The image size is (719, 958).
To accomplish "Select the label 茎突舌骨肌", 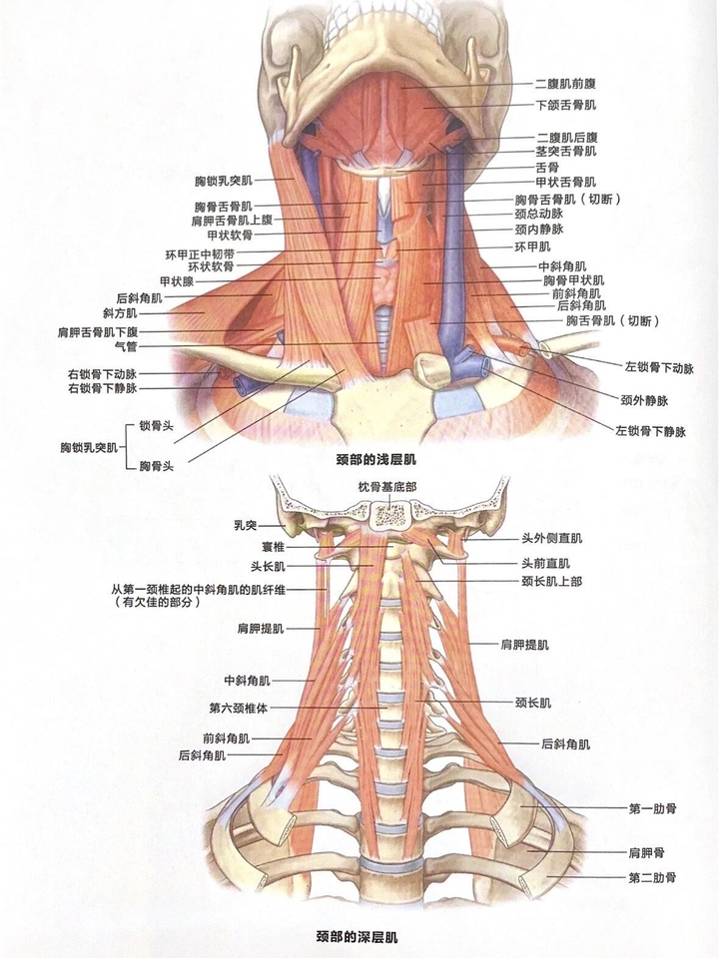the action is pos(566,151).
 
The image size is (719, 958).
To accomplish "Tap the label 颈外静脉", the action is pos(643,400).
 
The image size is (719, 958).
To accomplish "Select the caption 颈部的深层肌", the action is pos(358,937).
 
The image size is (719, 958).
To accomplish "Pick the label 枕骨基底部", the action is pos(385,486).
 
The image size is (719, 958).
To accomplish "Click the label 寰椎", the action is pos(272,546).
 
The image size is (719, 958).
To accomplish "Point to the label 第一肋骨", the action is pos(652,807).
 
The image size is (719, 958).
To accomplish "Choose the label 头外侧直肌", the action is pos(551,538).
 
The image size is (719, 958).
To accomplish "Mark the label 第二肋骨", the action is pos(652,877).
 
